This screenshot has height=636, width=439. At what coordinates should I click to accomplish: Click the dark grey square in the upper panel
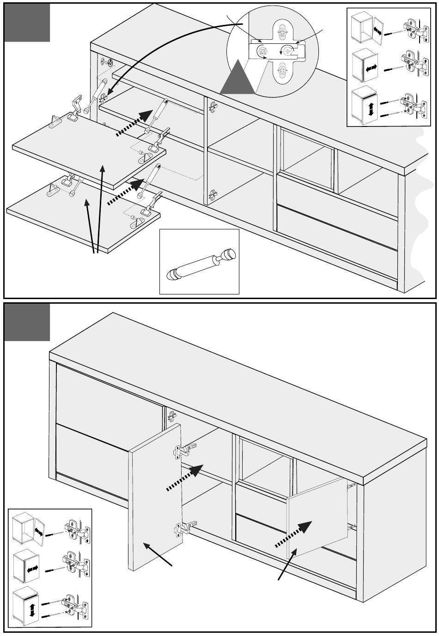tap(27, 23)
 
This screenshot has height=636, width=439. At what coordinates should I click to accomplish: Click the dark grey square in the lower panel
tap(27, 323)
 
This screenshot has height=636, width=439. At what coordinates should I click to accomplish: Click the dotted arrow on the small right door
tap(294, 534)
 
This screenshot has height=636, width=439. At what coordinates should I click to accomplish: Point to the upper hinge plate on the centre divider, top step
tap(213, 107)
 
